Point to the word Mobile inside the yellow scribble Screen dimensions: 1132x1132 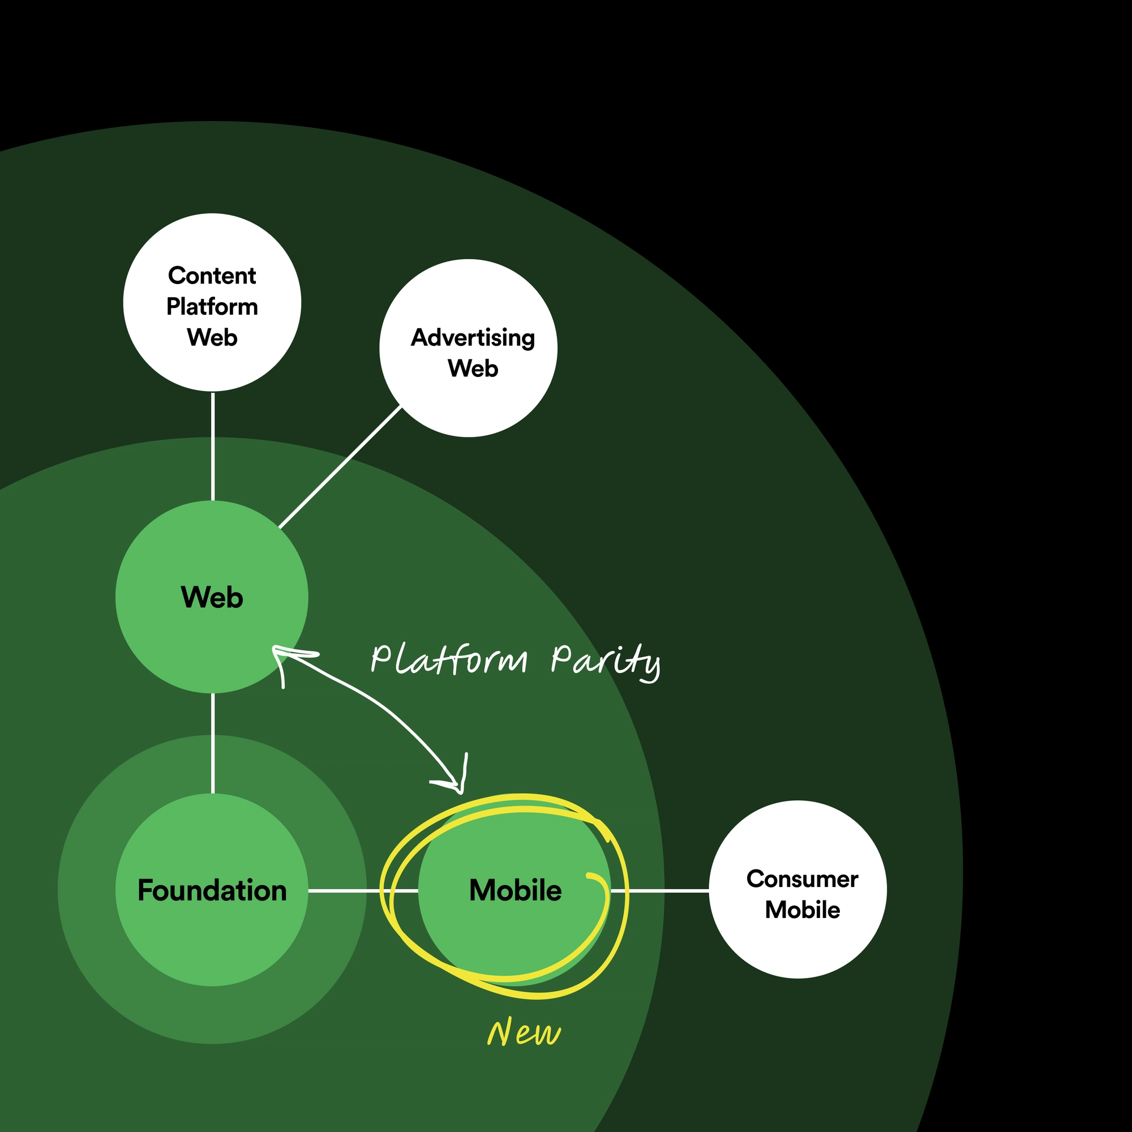[515, 890]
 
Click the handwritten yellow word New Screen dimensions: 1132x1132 [523, 1032]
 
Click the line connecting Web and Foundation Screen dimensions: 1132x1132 [213, 743]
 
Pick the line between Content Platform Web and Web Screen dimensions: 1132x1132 [213, 446]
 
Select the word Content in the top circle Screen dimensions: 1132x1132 [212, 276]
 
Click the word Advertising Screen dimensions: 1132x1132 [473, 337]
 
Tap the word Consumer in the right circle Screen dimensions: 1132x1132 [802, 879]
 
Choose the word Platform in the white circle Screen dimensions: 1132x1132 [212, 306]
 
